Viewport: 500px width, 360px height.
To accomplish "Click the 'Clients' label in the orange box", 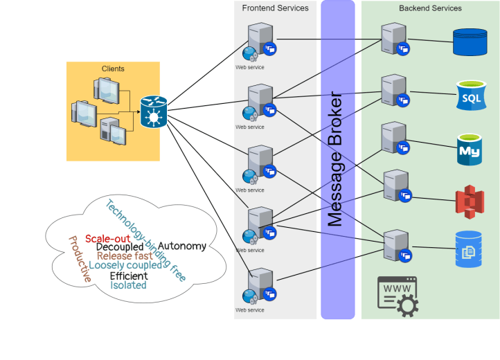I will coord(113,69).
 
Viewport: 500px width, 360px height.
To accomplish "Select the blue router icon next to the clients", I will coord(153,111).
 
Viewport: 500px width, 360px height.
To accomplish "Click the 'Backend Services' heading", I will coord(430,8).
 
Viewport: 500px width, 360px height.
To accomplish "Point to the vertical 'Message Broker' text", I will coord(336,159).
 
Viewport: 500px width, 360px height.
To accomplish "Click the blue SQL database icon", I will coord(471,96).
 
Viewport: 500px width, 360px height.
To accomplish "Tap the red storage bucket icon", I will coord(469,201).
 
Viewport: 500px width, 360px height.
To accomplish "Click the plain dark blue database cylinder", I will coord(470,42).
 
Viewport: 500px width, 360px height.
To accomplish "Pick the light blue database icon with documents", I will coord(469,249).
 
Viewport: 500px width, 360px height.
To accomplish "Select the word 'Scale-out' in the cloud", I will coord(108,239).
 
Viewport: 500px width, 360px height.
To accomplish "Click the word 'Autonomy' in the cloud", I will coord(181,246).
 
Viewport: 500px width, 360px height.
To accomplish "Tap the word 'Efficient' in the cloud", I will coord(129,276).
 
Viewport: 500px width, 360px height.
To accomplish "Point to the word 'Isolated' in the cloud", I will coord(129,285).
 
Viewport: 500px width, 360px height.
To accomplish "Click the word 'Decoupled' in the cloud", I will coord(120,247).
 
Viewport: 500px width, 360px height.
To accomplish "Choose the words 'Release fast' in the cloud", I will coord(125,256).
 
